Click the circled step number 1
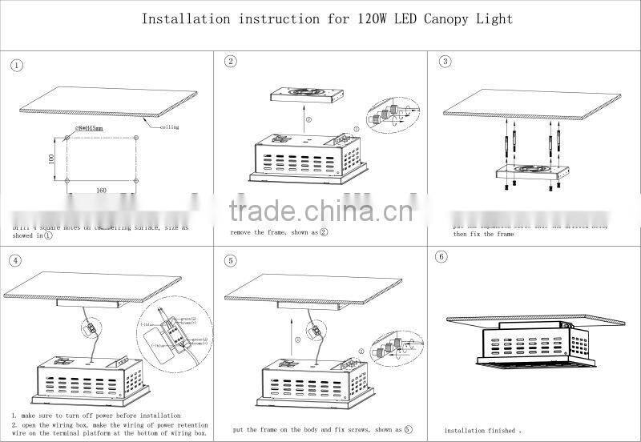pos(18,66)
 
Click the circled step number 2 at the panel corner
pos(232,62)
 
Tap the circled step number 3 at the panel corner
pos(446,62)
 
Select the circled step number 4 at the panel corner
pos(17,260)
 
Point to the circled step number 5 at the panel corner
pos(232,260)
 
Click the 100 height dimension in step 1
pos(50,159)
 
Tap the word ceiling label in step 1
pos(169,127)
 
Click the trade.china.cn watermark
pos(320,211)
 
